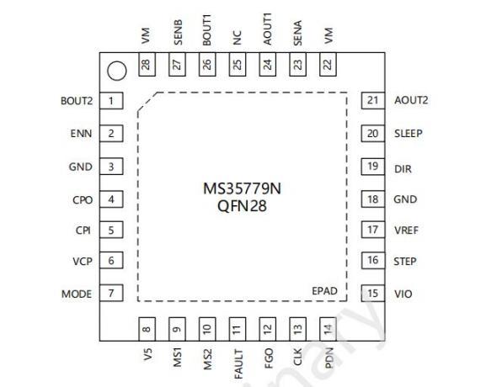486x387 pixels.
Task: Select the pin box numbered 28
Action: point(147,64)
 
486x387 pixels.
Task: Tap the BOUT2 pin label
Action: point(77,101)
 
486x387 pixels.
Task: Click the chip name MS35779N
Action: point(242,188)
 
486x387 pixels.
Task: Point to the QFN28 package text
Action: point(242,206)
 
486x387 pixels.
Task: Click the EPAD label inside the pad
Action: point(324,291)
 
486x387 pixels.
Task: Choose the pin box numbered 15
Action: point(373,293)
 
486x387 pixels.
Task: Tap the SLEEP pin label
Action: point(409,134)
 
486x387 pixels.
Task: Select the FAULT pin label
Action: point(238,364)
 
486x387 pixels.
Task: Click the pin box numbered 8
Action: point(147,329)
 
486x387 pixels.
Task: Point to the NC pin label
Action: point(237,38)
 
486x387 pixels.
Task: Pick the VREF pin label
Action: point(406,231)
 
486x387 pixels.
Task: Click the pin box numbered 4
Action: point(111,199)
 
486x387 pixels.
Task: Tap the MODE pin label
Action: point(77,294)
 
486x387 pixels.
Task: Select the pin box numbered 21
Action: point(373,100)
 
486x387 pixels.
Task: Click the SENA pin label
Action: point(297,33)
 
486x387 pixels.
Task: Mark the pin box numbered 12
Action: point(267,329)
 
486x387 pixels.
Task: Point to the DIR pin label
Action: point(403,169)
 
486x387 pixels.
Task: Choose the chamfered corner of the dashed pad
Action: point(147,102)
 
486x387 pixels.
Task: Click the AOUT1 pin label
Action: point(267,29)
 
